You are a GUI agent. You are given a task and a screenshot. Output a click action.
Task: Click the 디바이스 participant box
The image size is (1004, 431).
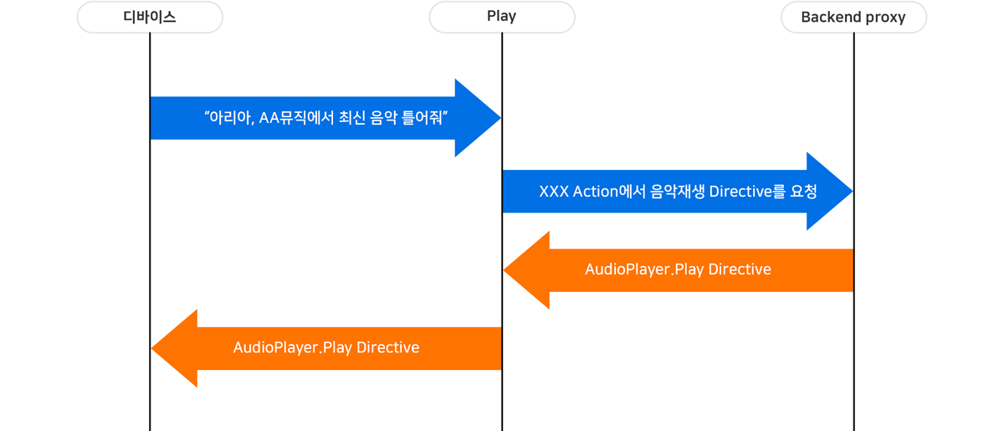[150, 18]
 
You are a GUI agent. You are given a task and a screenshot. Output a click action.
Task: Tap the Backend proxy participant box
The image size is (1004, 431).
[853, 18]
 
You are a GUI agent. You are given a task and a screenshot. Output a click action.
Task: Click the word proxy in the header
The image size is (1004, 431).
[884, 18]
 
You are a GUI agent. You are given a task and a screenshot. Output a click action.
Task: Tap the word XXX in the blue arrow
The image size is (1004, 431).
[554, 192]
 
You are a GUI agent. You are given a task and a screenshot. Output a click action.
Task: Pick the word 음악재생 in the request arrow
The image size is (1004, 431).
[678, 192]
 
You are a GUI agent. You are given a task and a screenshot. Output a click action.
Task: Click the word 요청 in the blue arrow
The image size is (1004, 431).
[803, 192]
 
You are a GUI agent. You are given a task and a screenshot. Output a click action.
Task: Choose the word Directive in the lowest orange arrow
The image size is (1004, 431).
[388, 347]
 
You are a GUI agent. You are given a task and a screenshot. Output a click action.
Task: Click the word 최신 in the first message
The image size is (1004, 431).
[352, 118]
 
